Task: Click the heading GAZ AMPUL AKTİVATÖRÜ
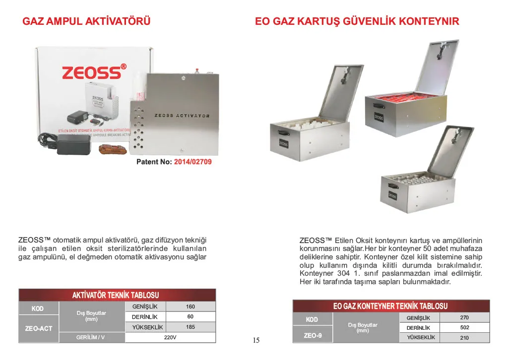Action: (86, 21)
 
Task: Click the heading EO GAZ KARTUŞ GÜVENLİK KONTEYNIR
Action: (357, 21)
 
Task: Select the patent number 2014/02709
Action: (192, 162)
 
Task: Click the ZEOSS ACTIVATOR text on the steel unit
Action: (182, 116)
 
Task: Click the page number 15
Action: (256, 340)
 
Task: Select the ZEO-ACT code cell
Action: (38, 328)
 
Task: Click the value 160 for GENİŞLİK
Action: (190, 306)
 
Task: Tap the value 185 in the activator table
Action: (190, 327)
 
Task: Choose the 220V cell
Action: (170, 338)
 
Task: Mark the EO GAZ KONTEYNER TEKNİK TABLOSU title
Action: (390, 306)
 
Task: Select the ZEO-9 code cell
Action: (313, 336)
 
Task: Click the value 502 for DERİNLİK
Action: (464, 327)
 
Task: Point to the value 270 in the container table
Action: (464, 317)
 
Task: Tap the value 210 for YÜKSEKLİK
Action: (464, 338)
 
